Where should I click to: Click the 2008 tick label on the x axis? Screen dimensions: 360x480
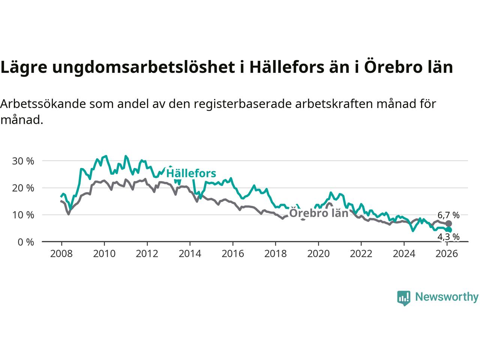[x=61, y=254]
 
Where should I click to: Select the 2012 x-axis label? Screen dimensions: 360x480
[x=147, y=254]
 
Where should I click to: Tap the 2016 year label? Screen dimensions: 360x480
[x=232, y=254]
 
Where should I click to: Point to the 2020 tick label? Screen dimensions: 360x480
[x=318, y=254]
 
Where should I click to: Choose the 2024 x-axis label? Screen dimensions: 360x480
[x=404, y=254]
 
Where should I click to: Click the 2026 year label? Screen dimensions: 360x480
[x=447, y=254]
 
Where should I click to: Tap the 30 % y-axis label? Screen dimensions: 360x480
[x=23, y=161]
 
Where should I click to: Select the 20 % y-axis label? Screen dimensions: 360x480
[x=23, y=188]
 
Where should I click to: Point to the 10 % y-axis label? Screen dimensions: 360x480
[x=23, y=215]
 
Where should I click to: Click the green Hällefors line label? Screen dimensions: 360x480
[x=191, y=173]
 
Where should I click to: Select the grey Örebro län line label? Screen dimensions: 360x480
[x=319, y=213]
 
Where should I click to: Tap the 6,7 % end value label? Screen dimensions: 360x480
[x=448, y=215]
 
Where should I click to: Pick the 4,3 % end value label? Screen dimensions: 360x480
[x=448, y=237]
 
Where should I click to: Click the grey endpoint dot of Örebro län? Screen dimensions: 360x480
[x=448, y=223]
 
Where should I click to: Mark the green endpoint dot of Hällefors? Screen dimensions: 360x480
[x=448, y=230]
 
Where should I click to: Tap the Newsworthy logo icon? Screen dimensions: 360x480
[x=404, y=298]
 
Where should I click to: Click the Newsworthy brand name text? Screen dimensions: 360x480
[x=447, y=297]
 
